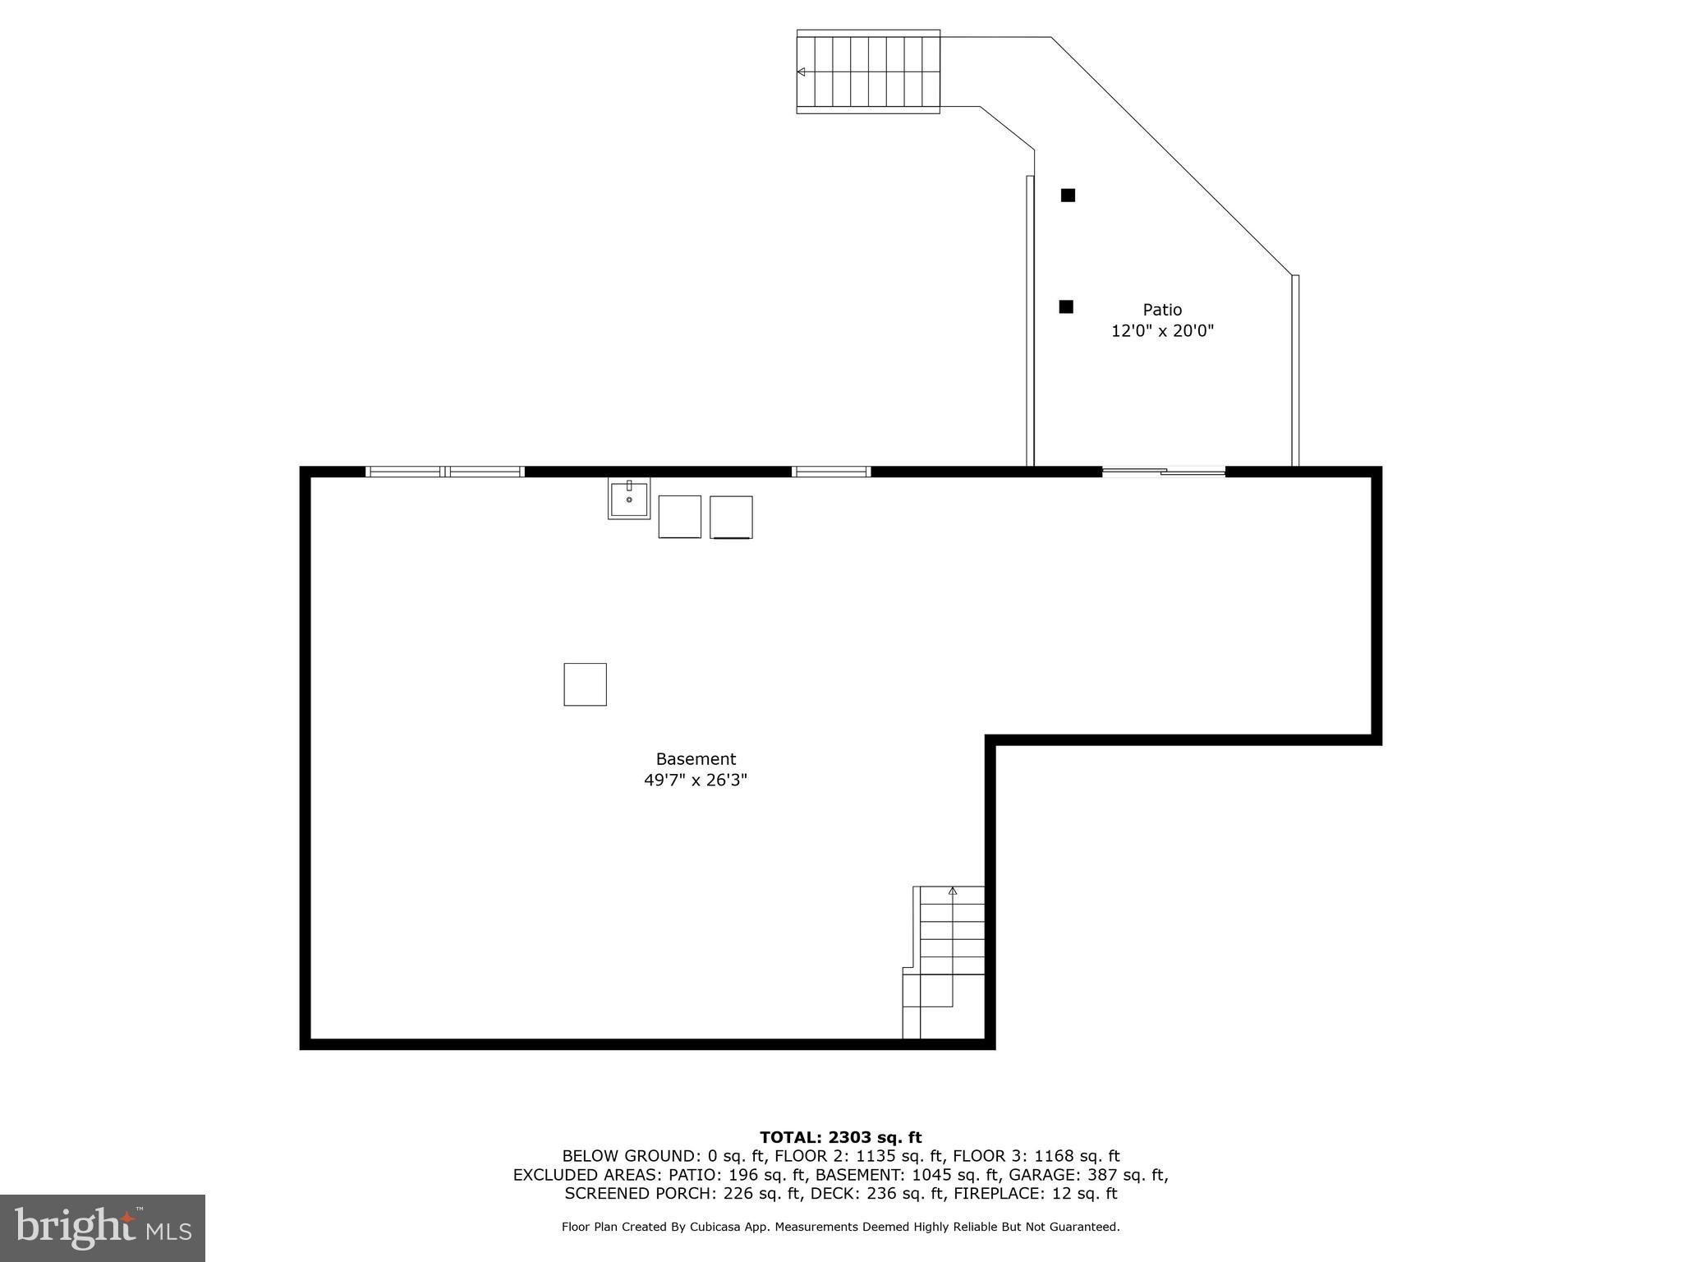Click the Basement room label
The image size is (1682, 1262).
coord(696,759)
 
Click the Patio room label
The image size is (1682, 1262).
coord(1162,310)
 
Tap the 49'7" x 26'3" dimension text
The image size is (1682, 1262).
coord(696,781)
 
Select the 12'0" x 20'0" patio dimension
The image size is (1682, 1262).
coord(1162,331)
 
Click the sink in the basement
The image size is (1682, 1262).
coord(629,498)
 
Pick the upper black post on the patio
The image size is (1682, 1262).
coord(1068,196)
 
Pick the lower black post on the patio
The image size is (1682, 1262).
coord(1066,306)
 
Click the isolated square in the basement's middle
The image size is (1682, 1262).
coord(585,684)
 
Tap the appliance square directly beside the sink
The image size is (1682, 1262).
coord(680,517)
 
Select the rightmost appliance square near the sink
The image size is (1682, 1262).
coord(731,517)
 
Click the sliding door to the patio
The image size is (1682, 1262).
coord(1163,472)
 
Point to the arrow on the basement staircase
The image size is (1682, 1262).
coord(953,891)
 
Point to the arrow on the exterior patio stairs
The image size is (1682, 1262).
coord(802,72)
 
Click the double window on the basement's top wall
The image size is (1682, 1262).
coord(444,472)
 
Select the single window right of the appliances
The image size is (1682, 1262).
coord(831,472)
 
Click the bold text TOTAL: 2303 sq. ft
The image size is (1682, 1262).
coord(840,1137)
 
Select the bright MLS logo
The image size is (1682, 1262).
coord(103,1227)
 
